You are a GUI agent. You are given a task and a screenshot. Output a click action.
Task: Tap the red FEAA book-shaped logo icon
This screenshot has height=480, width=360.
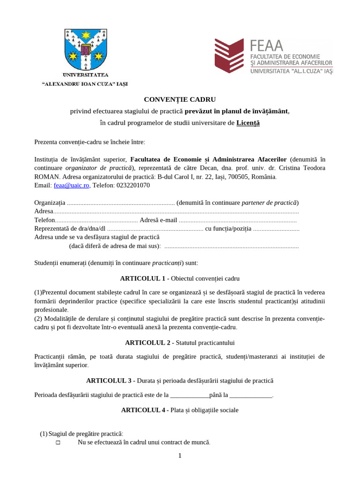229,56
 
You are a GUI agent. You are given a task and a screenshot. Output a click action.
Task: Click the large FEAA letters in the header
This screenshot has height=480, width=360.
267,45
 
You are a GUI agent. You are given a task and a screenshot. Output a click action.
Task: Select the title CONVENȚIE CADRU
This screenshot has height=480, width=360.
180,99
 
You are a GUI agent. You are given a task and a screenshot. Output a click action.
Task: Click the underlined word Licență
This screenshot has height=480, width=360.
248,123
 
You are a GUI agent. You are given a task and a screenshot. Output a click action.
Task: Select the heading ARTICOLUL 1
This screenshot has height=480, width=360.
142,278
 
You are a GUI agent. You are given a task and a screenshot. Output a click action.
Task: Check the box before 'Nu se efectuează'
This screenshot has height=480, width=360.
58,442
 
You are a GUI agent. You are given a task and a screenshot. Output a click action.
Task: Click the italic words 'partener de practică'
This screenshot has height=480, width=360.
269,203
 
